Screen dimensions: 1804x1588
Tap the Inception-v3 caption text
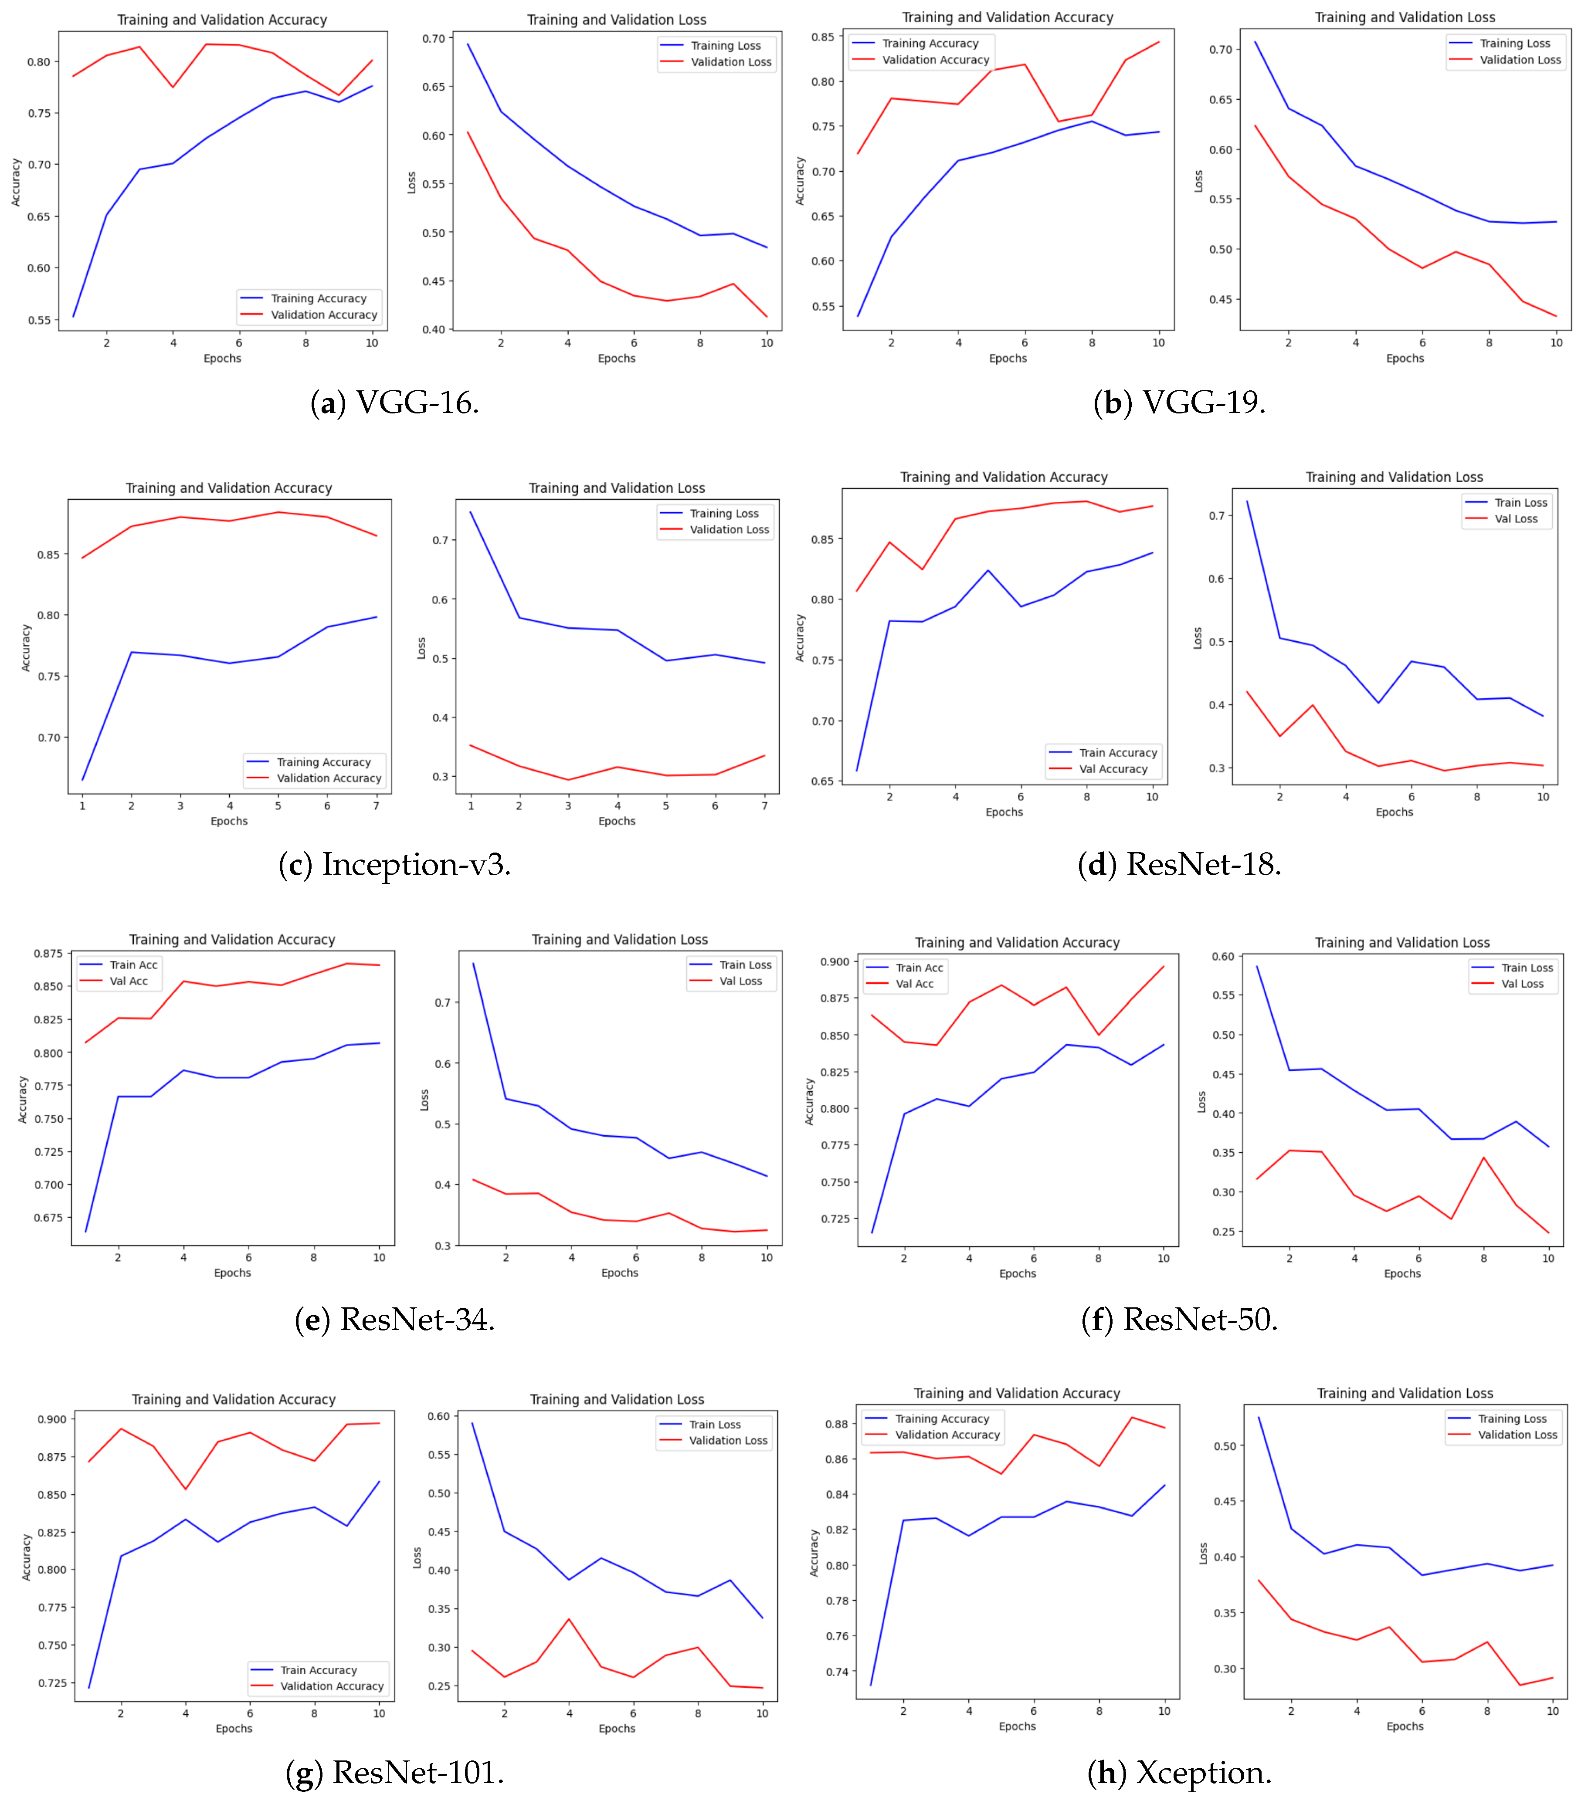coord(394,864)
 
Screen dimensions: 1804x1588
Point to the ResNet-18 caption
coord(1179,864)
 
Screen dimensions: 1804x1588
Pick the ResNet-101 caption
coord(394,1772)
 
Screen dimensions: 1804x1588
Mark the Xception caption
coord(1179,1772)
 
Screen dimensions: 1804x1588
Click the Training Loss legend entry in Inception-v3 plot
coord(724,514)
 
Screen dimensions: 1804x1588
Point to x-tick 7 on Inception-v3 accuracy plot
coord(376,806)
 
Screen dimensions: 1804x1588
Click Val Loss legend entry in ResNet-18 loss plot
coord(1516,519)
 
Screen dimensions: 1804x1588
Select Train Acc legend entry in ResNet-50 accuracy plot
coord(919,968)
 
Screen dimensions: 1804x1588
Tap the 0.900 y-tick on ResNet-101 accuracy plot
coord(51,1419)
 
